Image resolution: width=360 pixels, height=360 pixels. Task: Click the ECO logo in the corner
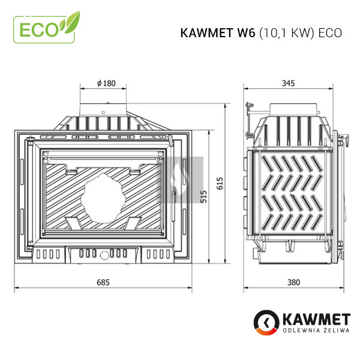click(47, 28)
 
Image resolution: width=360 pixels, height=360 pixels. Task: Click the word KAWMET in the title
click(206, 33)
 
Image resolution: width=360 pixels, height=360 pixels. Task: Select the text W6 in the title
click(246, 33)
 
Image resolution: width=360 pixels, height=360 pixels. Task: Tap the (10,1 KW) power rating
click(287, 33)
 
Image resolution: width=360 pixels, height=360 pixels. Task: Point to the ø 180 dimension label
click(106, 83)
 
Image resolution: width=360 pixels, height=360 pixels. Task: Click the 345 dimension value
click(288, 83)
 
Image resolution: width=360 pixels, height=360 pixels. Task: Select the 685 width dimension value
click(103, 282)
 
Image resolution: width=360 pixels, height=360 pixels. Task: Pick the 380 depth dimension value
click(293, 282)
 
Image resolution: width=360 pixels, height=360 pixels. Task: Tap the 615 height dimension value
click(220, 183)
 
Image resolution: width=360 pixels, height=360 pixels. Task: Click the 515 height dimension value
click(203, 197)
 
